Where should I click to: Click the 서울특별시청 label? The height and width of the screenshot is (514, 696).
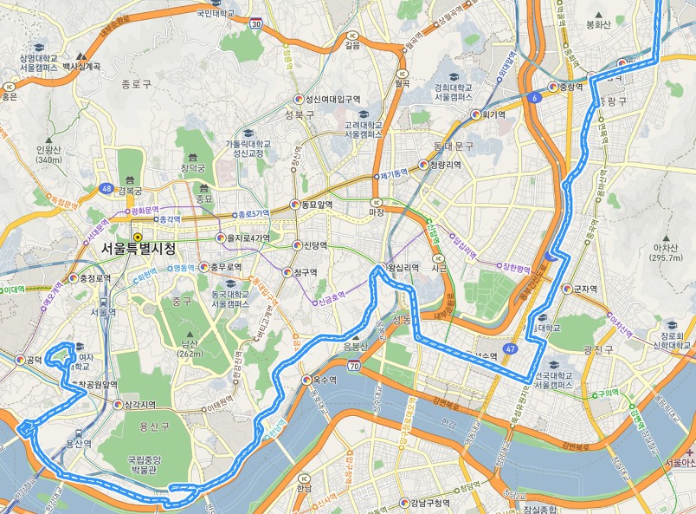pos(138,249)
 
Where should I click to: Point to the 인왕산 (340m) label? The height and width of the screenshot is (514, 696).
pos(49,153)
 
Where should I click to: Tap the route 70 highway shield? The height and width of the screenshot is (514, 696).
pos(355,367)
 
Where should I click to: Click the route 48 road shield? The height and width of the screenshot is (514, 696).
pos(106,187)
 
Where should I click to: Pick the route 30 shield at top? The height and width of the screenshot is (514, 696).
pos(255,24)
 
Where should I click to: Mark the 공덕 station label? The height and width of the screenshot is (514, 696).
pos(33,359)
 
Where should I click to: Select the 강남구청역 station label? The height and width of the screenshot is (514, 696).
pos(431,503)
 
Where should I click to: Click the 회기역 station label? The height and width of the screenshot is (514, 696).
pos(493,114)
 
